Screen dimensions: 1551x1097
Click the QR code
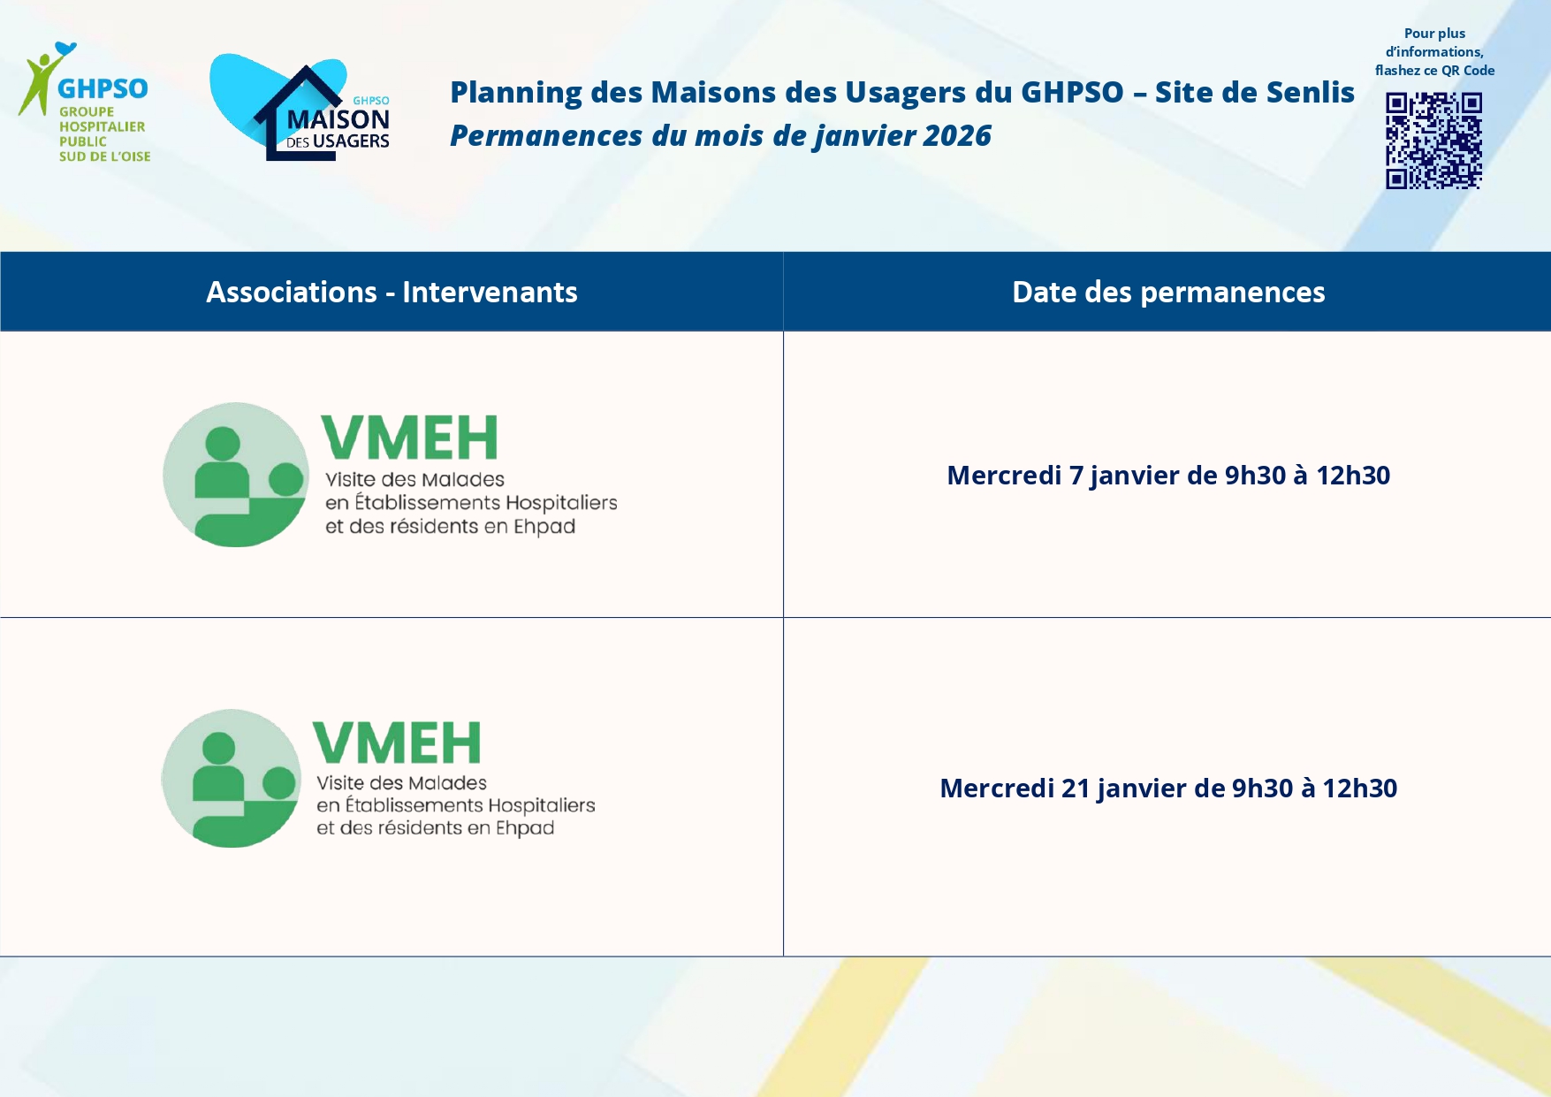1433,141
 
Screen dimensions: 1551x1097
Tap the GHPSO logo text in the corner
103,88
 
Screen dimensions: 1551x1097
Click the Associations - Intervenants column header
392,292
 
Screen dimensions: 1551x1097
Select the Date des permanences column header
1168,292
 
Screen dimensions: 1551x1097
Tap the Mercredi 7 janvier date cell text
1168,476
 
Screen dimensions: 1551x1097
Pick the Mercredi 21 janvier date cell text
1168,788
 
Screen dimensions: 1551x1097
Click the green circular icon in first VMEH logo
236,475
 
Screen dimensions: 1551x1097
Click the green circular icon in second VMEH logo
232,778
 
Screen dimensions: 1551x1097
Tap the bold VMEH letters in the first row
409,438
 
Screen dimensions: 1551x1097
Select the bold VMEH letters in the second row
397,743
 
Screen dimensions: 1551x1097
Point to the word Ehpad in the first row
544,527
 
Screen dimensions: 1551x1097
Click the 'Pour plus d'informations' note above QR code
1434,52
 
